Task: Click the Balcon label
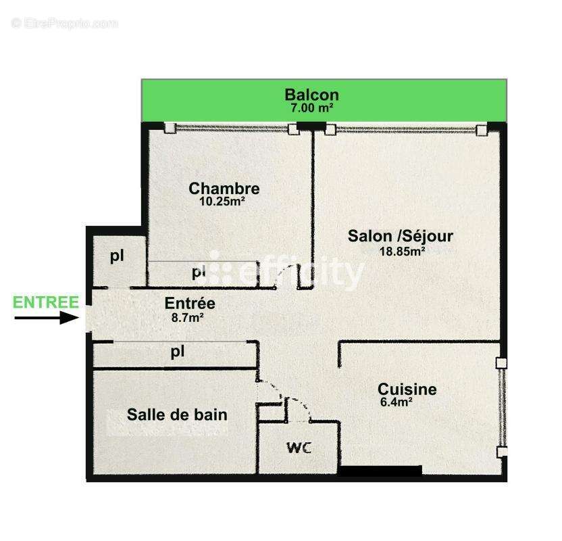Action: (311, 95)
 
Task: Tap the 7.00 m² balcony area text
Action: (311, 108)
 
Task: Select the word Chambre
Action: (224, 188)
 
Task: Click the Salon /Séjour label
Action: (400, 236)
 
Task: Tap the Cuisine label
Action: (407, 390)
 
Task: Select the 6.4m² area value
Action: (397, 402)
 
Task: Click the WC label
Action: (299, 448)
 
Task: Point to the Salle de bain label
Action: (177, 415)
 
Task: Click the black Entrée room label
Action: (190, 304)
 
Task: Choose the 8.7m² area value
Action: (188, 316)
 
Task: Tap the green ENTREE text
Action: (46, 302)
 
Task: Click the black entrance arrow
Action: (47, 317)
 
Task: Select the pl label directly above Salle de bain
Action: (178, 352)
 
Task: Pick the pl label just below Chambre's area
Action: (198, 273)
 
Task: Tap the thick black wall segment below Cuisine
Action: (380, 471)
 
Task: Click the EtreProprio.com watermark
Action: (65, 23)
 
